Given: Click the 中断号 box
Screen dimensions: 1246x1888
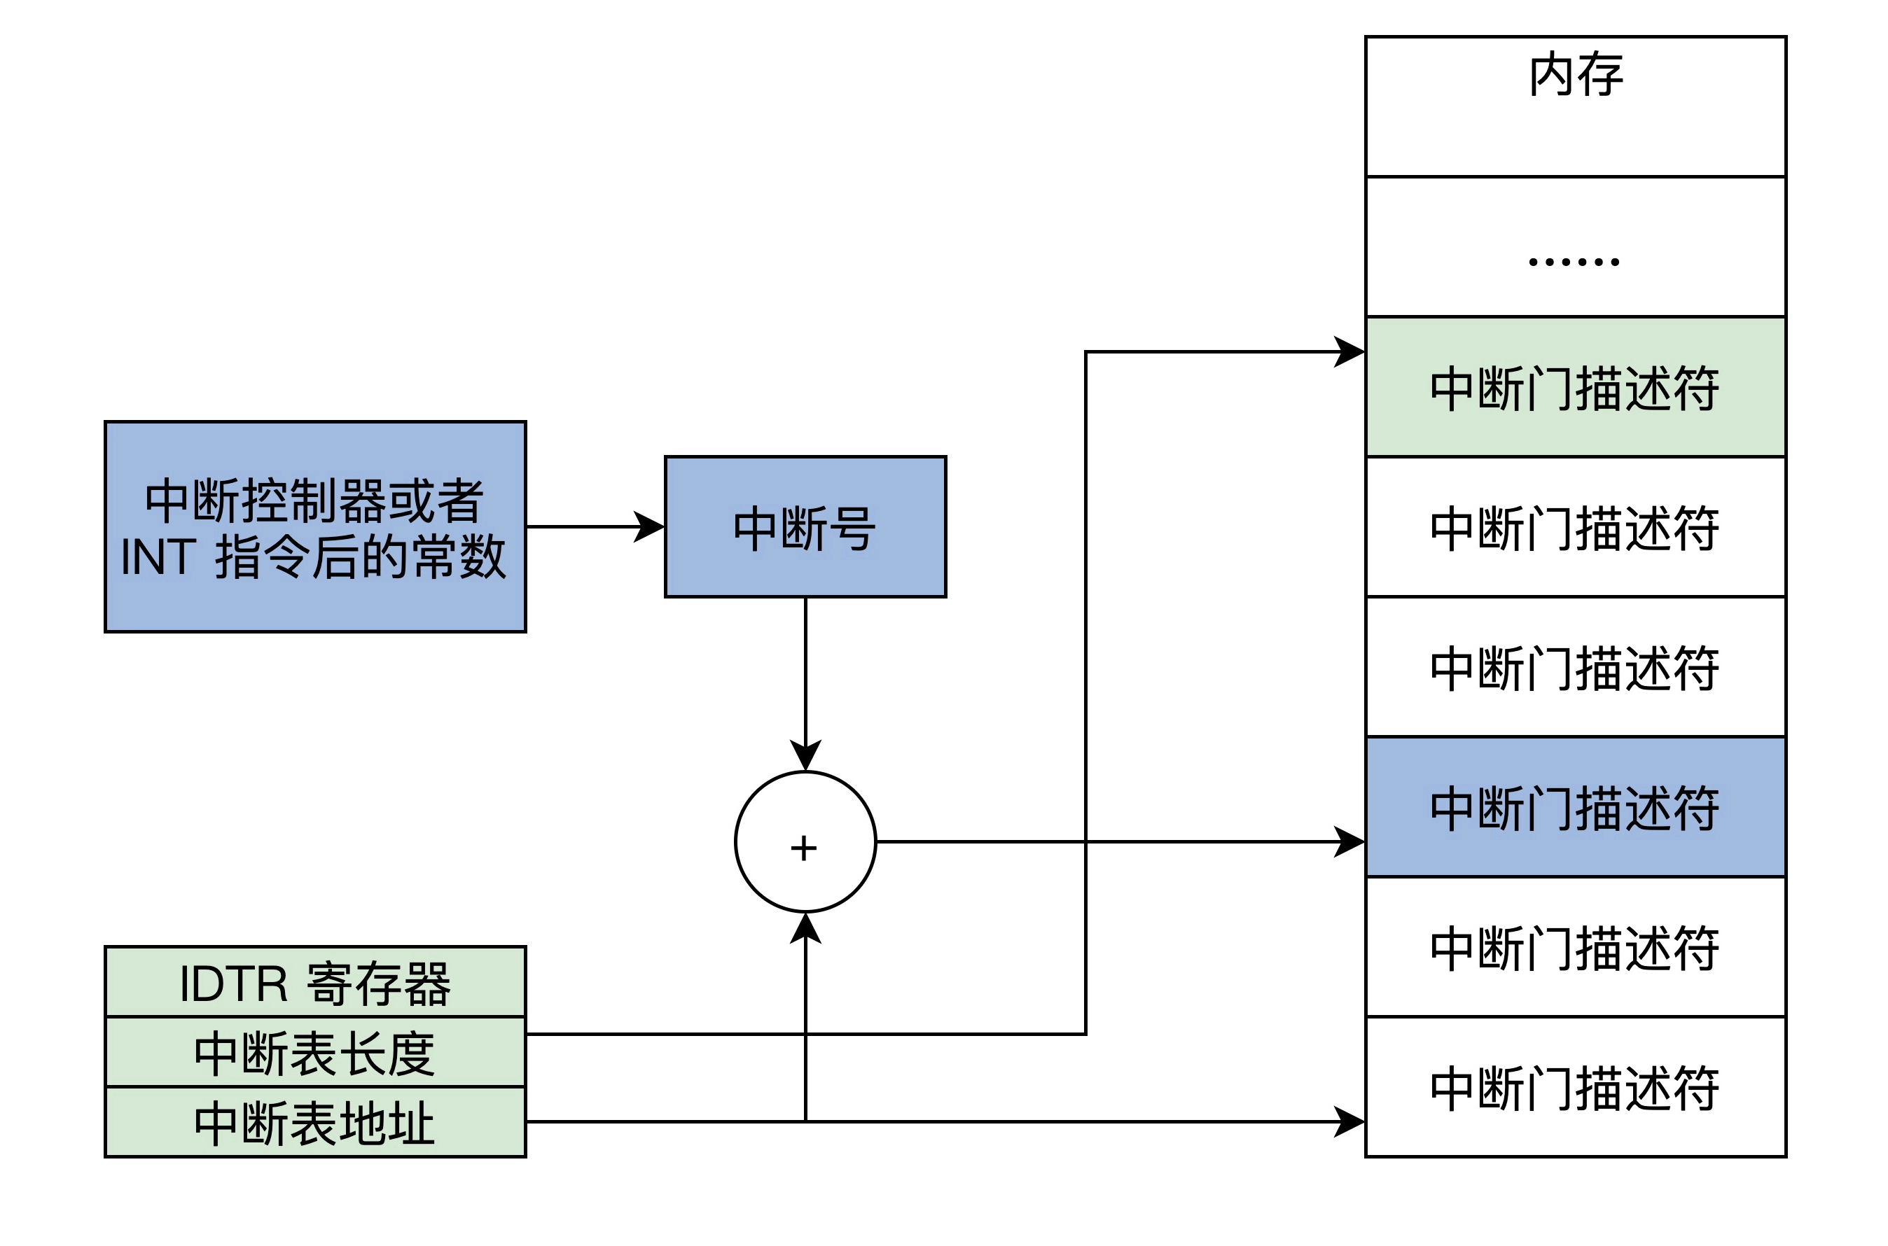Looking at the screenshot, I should [805, 527].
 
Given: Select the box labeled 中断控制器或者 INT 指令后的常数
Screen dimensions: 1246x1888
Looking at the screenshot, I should [315, 527].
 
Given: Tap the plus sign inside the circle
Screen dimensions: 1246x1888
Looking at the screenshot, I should [804, 848].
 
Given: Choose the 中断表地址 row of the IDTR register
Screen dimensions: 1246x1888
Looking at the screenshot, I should [315, 1122].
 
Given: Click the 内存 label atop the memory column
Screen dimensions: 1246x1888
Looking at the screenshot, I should [1575, 75].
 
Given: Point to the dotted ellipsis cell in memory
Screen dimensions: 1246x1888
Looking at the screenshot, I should [1575, 260].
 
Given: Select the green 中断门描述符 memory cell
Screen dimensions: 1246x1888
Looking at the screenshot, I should [1575, 388].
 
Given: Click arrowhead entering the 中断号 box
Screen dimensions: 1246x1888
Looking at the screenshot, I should [651, 526].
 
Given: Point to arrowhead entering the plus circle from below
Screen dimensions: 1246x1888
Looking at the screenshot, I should [805, 927].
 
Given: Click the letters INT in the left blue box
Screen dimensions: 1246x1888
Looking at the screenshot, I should [158, 556].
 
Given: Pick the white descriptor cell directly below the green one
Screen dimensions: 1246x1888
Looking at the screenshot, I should [1575, 528].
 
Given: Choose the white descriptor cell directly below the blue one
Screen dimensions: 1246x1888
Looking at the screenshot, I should [1575, 947].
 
